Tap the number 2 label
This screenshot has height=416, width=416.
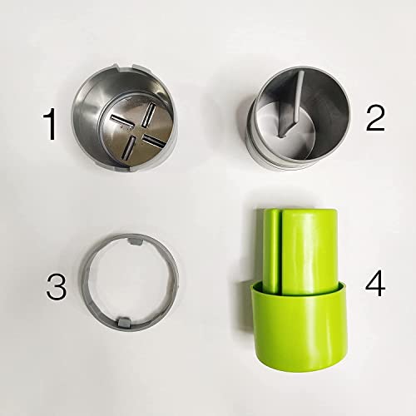[375, 119]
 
